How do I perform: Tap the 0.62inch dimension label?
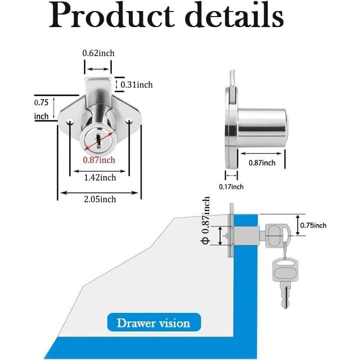click(98, 53)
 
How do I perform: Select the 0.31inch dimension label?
click(136, 84)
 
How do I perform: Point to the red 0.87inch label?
click(99, 159)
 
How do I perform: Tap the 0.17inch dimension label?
click(231, 187)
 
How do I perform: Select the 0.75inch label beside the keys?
click(313, 225)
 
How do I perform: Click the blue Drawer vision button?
click(153, 322)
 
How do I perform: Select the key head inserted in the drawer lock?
click(275, 235)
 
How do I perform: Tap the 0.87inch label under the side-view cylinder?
click(262, 162)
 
